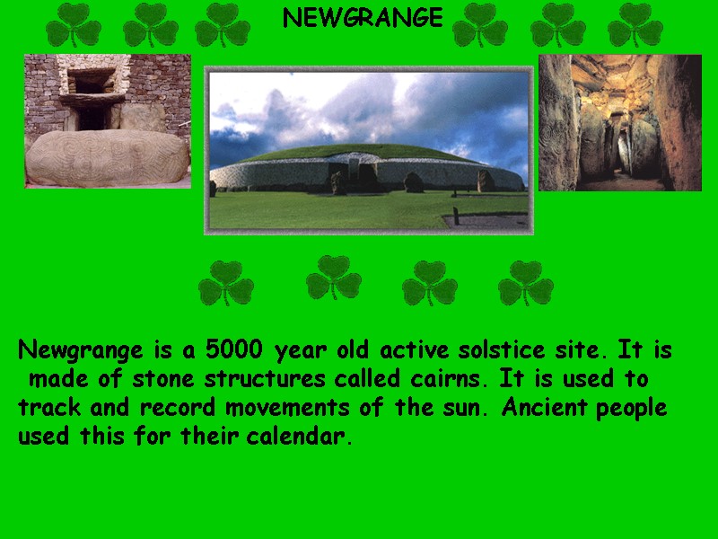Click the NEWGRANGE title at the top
(x=363, y=18)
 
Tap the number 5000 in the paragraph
(x=236, y=349)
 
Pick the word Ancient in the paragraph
(x=537, y=408)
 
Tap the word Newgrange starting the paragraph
(x=81, y=350)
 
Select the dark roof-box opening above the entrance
(x=94, y=84)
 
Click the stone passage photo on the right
(x=619, y=123)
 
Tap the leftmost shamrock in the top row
(x=74, y=25)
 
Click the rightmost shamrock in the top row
(x=635, y=25)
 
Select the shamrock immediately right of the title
(x=479, y=25)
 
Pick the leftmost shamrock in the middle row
(x=226, y=284)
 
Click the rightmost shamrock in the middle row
(x=526, y=284)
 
